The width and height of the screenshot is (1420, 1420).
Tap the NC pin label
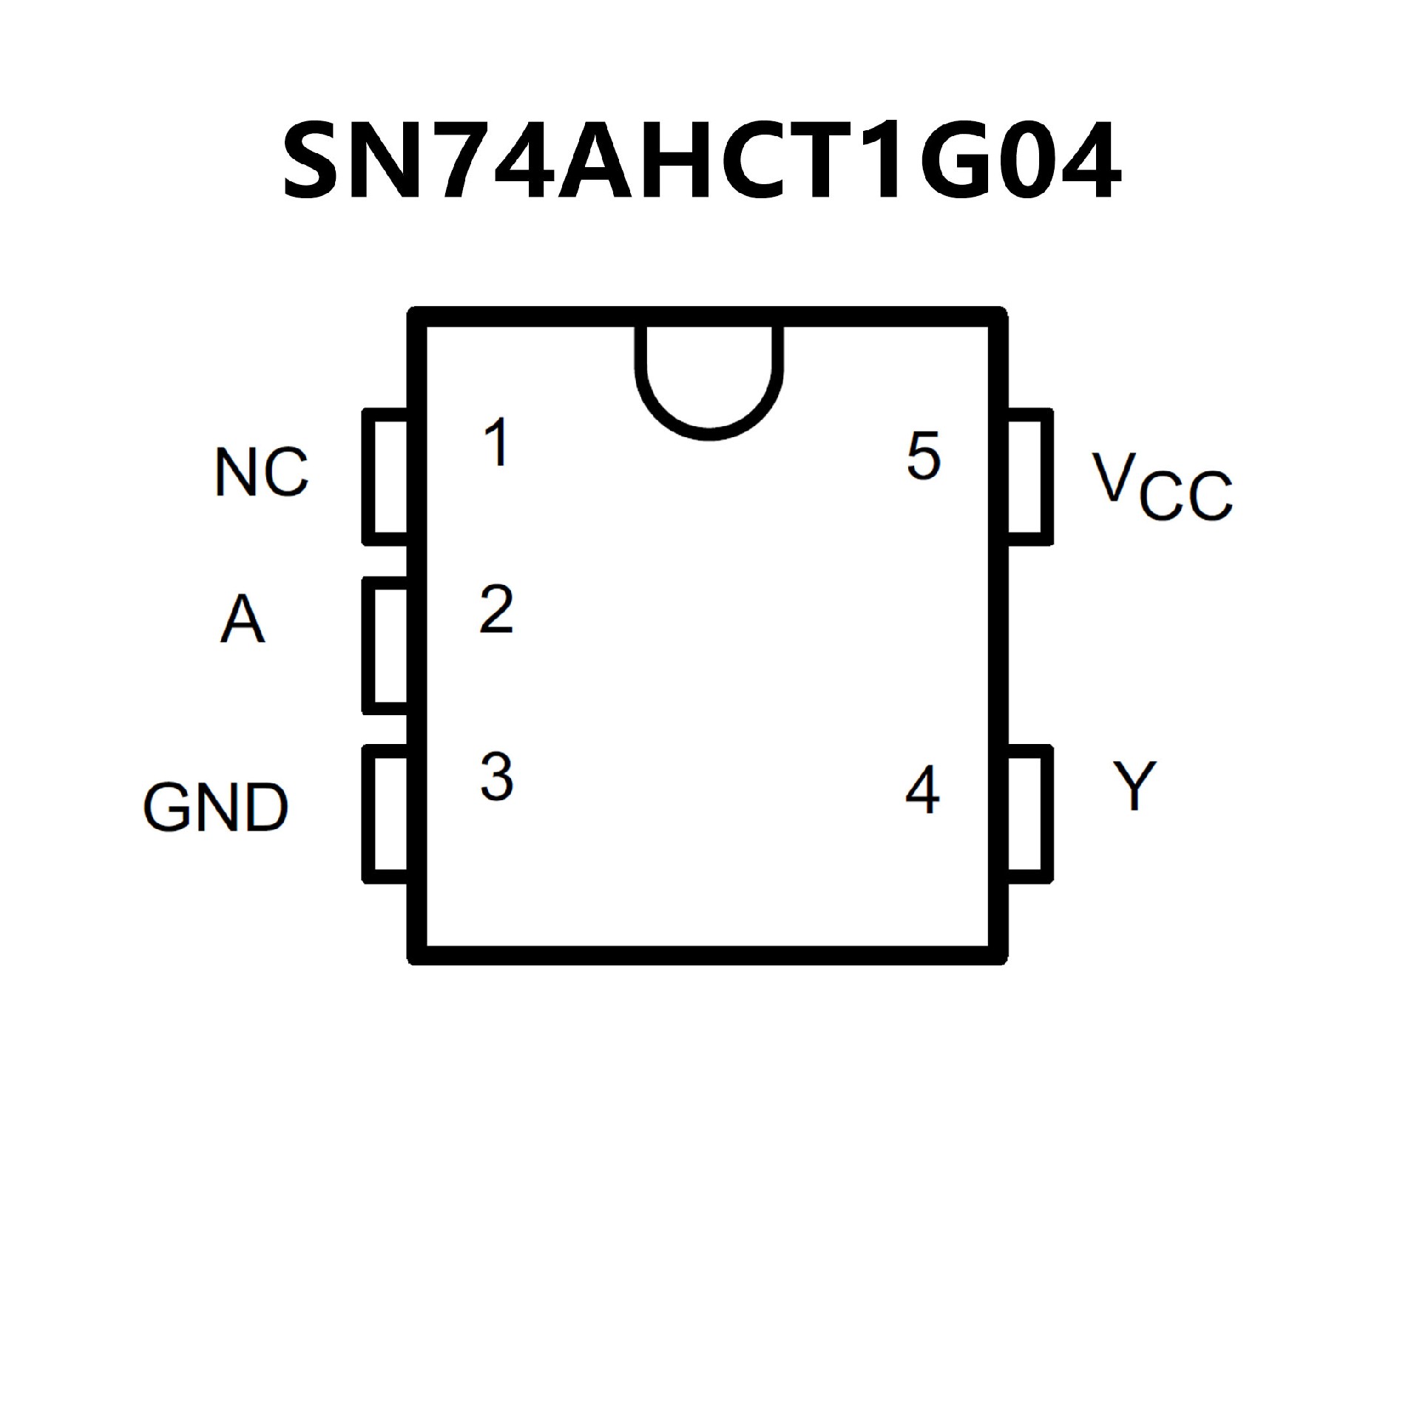262,472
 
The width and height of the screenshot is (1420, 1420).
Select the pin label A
242,620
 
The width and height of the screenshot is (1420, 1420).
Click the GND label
215,807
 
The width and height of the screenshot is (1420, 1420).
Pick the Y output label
1135,785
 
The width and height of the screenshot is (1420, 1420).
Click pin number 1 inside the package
497,442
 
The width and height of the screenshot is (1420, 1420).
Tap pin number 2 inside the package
496,609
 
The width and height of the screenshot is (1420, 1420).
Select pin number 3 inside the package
496,777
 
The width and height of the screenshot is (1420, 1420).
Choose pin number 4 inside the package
922,790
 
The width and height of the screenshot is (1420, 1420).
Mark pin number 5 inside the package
923,456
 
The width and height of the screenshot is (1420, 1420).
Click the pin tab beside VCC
1029,476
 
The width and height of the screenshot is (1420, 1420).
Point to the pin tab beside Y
1029,814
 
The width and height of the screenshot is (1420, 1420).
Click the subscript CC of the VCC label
1186,496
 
